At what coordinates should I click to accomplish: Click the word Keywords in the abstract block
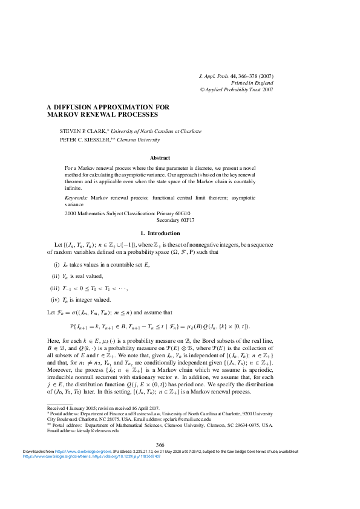(76, 198)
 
